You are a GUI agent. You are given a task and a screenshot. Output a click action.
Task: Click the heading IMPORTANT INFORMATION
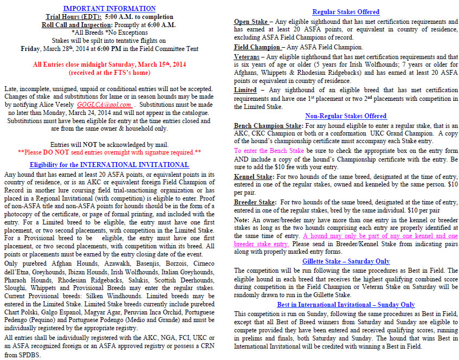109,8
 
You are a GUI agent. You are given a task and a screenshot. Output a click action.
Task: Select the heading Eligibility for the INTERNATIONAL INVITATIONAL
109,165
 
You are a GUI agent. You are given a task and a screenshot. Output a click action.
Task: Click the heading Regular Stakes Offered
345,12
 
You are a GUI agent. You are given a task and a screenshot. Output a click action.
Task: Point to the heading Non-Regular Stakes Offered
345,115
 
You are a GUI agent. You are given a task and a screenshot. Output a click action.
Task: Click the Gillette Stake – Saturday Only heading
345,261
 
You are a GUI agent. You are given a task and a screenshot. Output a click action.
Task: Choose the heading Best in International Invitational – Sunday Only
346,305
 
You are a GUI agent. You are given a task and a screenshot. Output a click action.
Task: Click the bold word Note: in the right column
242,220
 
